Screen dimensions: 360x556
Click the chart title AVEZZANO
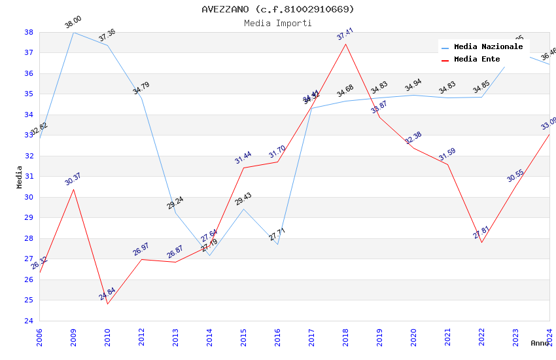tap(277, 9)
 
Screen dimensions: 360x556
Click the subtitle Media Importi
tap(277, 23)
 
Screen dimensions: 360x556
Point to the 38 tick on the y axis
tap(29, 32)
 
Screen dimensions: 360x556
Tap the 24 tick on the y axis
tap(29, 321)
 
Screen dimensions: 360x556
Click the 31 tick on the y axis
tap(29, 177)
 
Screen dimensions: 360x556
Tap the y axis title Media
tap(20, 177)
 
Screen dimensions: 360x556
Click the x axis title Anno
tap(540, 343)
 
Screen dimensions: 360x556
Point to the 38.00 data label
tap(73, 23)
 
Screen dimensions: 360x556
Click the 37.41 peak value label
tap(345, 34)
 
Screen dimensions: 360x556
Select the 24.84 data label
tap(107, 294)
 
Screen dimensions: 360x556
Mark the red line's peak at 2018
tap(345, 44)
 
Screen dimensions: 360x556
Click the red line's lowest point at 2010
tap(107, 304)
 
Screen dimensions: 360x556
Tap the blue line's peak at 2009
tap(73, 32)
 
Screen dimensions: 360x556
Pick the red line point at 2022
tap(481, 243)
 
